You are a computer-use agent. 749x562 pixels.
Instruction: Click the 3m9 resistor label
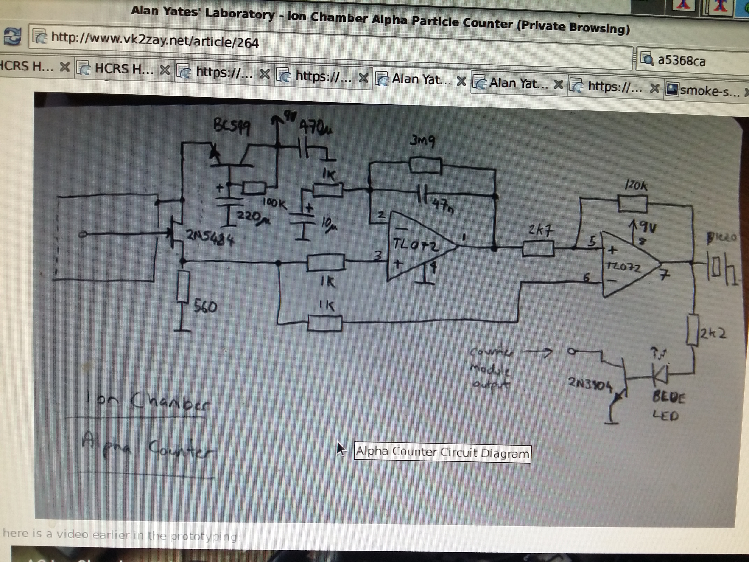coord(422,141)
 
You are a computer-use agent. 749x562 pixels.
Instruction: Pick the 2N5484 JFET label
coord(210,239)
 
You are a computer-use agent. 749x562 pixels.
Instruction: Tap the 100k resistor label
coord(275,203)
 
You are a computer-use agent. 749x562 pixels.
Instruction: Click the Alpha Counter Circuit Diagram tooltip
coord(442,452)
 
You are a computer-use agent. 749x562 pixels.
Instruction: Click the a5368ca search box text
coord(681,61)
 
